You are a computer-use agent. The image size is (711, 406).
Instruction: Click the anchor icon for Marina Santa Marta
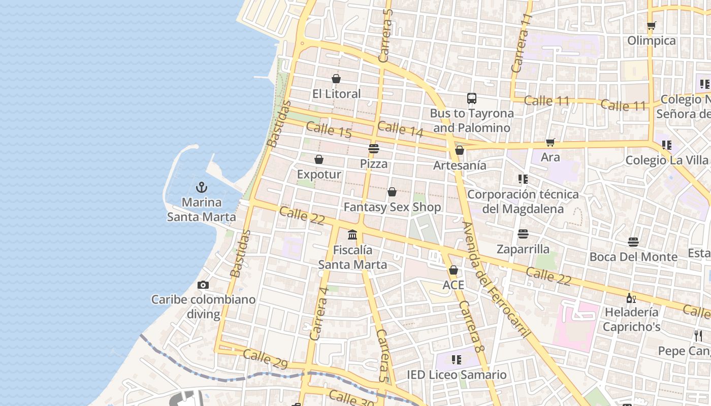[x=202, y=187]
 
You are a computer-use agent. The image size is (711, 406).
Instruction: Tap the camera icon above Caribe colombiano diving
[x=203, y=285]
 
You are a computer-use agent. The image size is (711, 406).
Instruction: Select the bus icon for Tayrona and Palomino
[x=472, y=98]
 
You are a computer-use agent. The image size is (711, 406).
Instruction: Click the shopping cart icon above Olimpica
[x=652, y=25]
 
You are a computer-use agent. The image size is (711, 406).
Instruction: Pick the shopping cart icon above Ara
[x=550, y=142]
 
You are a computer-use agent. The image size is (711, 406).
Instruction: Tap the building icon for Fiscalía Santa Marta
[x=352, y=234]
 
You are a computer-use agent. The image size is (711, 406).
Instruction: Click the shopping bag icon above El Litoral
[x=336, y=79]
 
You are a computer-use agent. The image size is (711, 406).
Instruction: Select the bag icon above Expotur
[x=319, y=159]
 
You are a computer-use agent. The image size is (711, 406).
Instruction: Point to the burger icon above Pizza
[x=374, y=149]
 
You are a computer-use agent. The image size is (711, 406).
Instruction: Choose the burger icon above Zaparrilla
[x=523, y=234]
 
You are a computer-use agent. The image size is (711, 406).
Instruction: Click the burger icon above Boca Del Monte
[x=633, y=242]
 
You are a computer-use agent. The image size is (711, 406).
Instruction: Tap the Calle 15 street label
[x=329, y=130]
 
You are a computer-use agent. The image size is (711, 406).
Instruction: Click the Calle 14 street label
[x=400, y=129]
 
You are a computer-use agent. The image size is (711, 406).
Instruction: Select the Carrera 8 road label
[x=470, y=326]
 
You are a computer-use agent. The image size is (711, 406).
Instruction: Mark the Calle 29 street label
[x=265, y=358]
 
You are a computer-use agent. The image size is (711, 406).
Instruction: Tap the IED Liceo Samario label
[x=457, y=375]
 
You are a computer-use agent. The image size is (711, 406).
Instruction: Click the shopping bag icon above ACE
[x=454, y=270]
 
